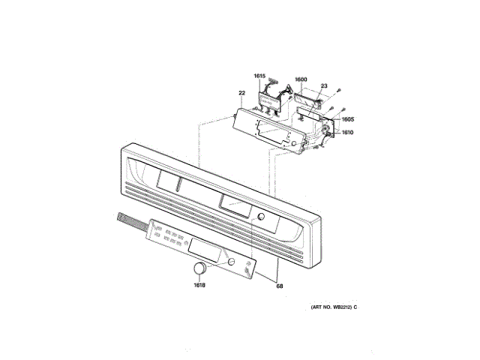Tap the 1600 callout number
point(300,79)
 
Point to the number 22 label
point(241,94)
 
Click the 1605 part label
point(348,119)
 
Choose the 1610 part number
point(347,133)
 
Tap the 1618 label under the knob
point(199,285)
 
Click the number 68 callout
point(280,285)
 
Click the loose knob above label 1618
point(199,269)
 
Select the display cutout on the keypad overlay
point(205,250)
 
